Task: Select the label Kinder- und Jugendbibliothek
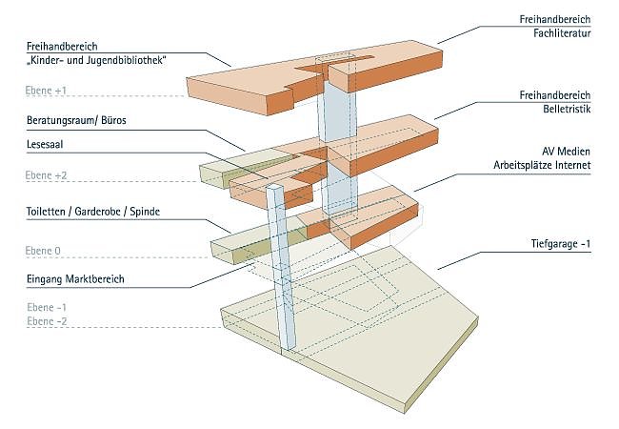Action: coord(98,61)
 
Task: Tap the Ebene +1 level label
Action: coord(48,91)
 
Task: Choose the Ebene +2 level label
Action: coord(48,175)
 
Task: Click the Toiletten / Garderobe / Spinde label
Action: coord(92,210)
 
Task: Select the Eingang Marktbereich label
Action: coord(76,279)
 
